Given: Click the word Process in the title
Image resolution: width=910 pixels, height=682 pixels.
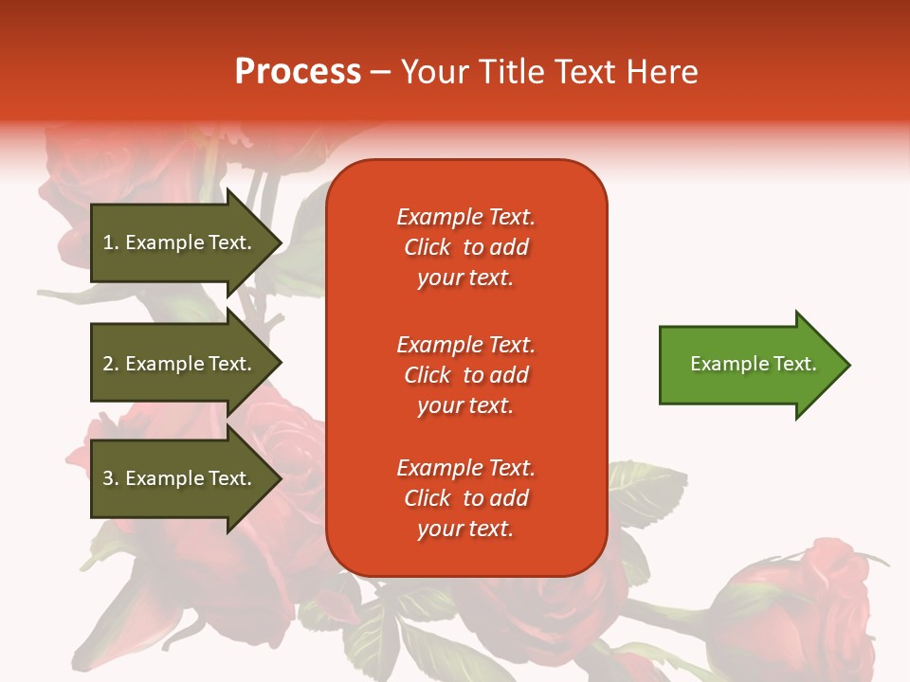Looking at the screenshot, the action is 299,72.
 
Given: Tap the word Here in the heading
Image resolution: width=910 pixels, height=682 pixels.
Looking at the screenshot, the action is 662,72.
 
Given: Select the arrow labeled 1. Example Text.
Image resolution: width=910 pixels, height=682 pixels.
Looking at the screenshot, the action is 187,243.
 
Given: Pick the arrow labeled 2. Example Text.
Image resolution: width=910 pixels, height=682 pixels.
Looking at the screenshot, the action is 187,363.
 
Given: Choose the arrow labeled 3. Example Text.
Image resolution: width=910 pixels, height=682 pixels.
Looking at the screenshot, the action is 187,477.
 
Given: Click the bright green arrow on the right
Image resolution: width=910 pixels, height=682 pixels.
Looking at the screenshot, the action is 755,365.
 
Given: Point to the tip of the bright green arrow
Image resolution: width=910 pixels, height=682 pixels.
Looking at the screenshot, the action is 851,365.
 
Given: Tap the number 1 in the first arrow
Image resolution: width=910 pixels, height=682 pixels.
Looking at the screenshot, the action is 108,242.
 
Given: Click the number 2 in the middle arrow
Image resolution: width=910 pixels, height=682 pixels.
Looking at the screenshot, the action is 108,364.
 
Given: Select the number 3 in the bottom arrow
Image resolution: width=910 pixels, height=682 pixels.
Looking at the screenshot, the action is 108,477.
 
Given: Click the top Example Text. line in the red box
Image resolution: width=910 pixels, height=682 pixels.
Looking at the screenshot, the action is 466,217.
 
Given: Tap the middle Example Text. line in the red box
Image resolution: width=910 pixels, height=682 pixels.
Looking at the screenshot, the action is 466,345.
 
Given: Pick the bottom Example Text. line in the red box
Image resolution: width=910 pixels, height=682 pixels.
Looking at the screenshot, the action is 466,468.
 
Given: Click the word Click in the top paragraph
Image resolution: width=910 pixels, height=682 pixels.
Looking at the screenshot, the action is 428,247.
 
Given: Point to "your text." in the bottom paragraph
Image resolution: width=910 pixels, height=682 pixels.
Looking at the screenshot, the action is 465,529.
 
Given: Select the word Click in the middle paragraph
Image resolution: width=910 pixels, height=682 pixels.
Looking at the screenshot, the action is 428,375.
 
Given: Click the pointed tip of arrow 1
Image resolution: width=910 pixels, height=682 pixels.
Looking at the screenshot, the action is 282,243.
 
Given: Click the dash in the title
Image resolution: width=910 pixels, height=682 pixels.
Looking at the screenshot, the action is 381,73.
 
